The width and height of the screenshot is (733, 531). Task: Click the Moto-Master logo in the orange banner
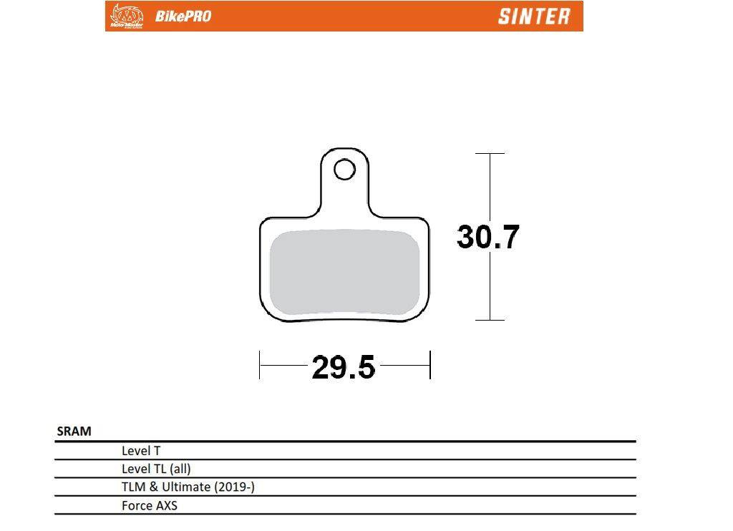[126, 16]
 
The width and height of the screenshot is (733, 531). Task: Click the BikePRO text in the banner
[183, 16]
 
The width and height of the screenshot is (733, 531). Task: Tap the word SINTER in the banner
[534, 16]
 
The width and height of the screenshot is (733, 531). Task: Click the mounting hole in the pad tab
[344, 169]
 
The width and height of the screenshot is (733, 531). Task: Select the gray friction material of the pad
[344, 271]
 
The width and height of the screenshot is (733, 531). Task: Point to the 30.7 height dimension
[487, 237]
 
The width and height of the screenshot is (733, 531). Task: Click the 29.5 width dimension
[343, 367]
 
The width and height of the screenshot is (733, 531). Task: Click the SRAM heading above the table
[74, 431]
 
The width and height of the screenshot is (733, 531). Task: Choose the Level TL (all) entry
[156, 469]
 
